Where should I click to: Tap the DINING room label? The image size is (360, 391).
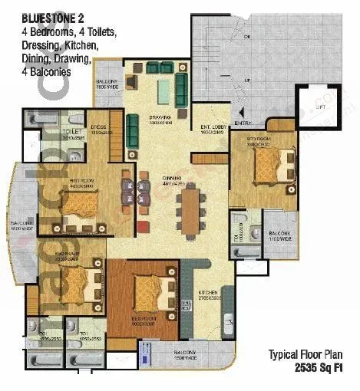pyautogui.click(x=171, y=180)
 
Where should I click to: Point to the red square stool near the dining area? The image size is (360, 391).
pyautogui.click(x=142, y=226)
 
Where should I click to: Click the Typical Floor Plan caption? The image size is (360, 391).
pyautogui.click(x=309, y=354)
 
